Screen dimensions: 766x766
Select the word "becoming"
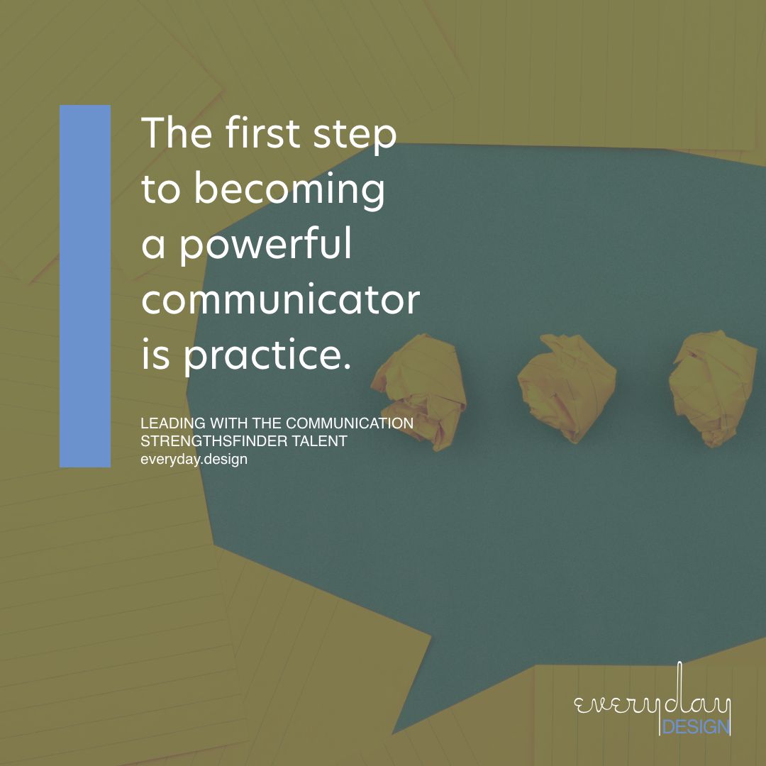tap(289, 190)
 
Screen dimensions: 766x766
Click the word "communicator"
tap(281, 300)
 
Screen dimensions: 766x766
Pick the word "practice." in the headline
tap(267, 357)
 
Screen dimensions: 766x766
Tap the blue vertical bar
tap(85, 286)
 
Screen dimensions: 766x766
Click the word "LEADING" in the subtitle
tap(167, 423)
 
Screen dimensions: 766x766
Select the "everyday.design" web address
tap(194, 459)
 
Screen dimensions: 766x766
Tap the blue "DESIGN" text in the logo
tap(695, 727)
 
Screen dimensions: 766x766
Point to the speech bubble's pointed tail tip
tap(394, 733)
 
